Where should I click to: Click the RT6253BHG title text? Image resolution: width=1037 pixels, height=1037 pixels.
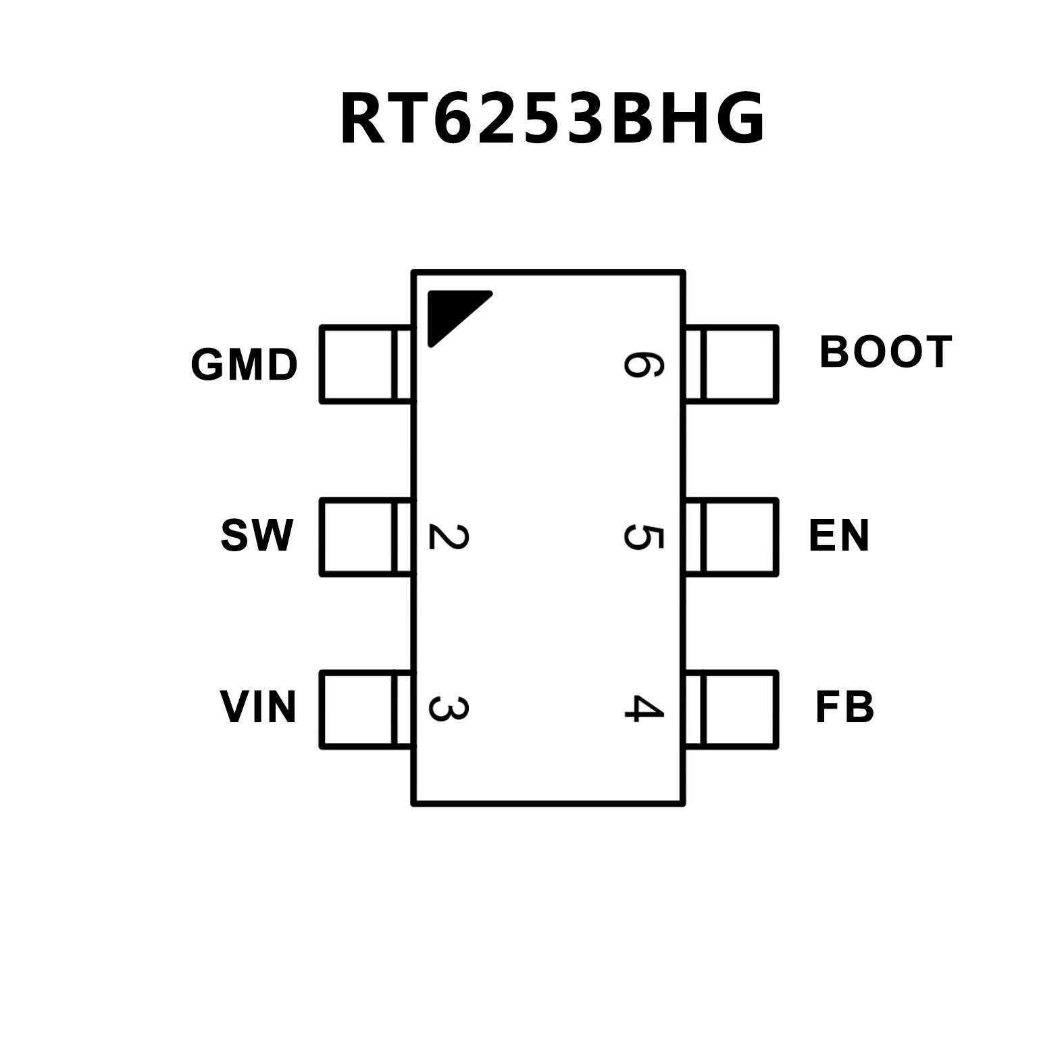tap(552, 119)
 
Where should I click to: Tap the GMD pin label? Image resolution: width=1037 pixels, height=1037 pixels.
tap(244, 365)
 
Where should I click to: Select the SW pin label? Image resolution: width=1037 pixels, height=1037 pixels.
tap(257, 536)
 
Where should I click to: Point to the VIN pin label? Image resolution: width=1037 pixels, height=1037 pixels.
tap(258, 707)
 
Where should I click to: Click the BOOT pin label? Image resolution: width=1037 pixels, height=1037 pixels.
tap(885, 352)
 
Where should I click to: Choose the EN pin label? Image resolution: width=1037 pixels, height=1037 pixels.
tap(838, 536)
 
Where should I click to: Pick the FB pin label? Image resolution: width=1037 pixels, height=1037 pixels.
tap(844, 707)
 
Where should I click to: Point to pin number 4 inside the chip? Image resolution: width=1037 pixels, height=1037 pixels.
tap(642, 709)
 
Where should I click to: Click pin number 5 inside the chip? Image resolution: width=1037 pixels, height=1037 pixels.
tap(642, 537)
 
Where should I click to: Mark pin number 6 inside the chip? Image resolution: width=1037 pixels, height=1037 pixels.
tap(642, 365)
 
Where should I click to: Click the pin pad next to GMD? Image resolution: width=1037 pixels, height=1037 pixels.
tap(365, 365)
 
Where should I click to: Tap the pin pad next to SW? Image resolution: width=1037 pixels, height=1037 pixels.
tap(365, 537)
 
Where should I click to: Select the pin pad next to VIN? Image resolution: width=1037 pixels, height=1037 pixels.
tap(365, 709)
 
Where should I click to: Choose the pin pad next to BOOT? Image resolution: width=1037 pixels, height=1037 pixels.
tap(732, 365)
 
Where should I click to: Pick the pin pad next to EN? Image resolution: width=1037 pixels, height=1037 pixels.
tap(732, 537)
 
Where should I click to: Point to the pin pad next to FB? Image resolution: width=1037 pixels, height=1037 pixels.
tap(732, 709)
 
